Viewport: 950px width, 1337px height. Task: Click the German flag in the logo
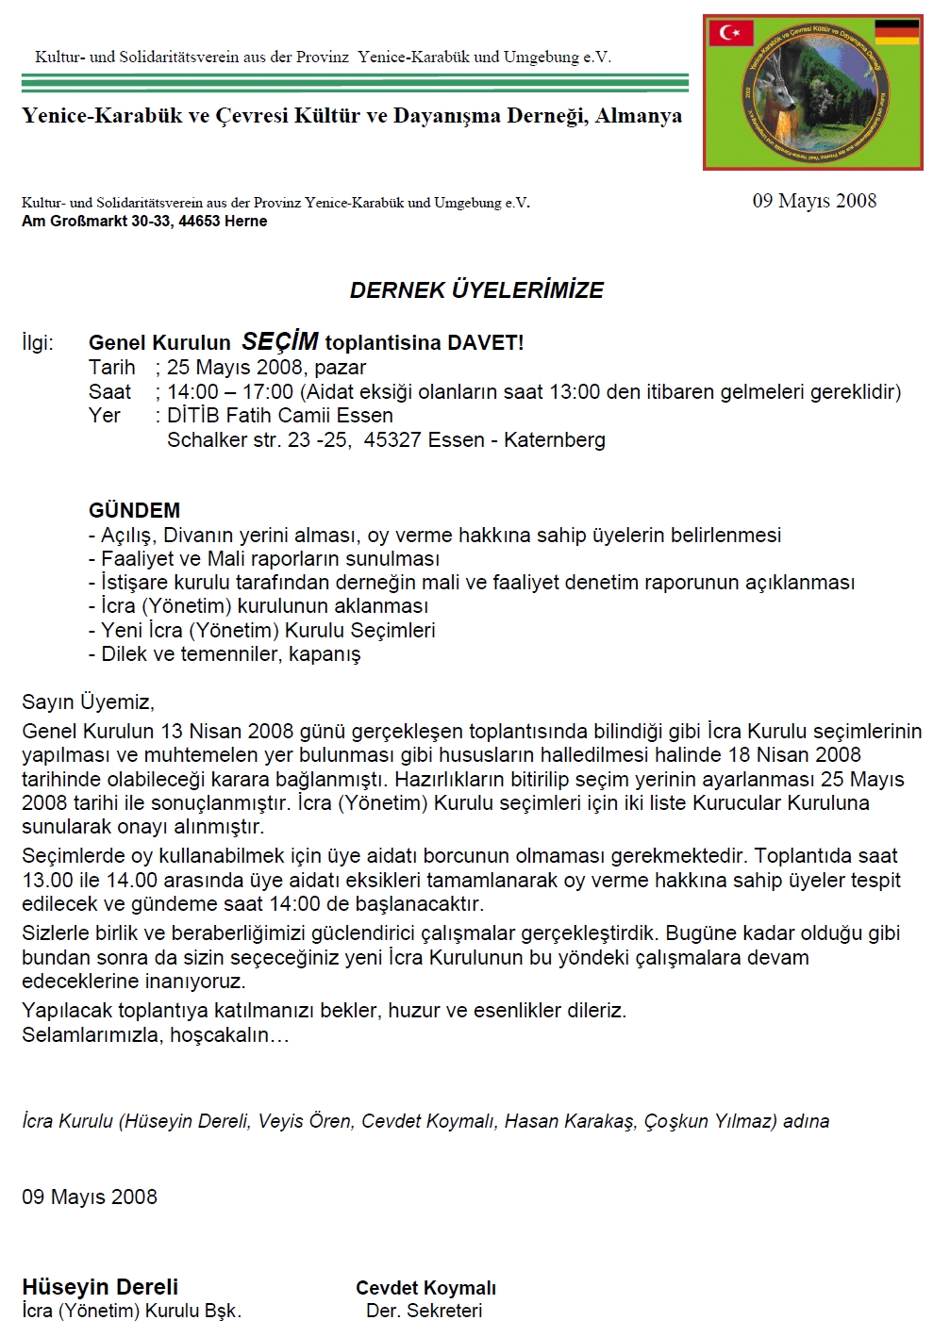click(x=896, y=33)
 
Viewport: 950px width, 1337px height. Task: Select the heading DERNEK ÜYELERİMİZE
click(x=476, y=290)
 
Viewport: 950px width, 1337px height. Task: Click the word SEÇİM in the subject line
click(x=279, y=341)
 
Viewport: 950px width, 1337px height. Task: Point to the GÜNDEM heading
click(x=134, y=510)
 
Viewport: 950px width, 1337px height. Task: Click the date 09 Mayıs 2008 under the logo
click(x=814, y=201)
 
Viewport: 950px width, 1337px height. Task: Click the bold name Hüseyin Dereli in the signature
click(x=100, y=1287)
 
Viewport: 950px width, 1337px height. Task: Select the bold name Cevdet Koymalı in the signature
click(x=425, y=1288)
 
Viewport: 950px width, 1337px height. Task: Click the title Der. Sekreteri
click(x=425, y=1311)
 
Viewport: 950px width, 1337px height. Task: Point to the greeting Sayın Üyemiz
click(x=88, y=702)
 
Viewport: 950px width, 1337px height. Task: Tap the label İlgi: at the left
click(x=38, y=342)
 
